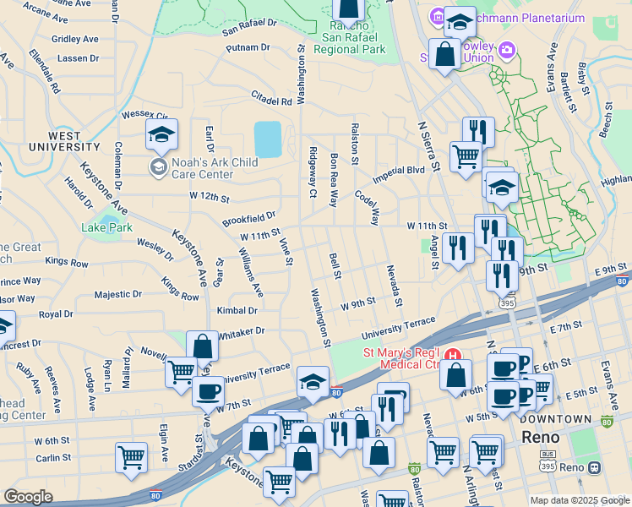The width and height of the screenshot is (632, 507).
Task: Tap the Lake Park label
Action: (106, 227)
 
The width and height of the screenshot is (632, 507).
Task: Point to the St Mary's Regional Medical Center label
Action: (402, 358)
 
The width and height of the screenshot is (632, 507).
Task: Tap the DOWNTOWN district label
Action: (556, 418)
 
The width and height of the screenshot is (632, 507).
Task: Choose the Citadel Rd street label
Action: (271, 100)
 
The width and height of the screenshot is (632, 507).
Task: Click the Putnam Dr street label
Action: (248, 48)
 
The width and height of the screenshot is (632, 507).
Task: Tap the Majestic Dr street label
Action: (117, 295)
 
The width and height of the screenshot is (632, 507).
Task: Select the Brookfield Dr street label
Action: (249, 219)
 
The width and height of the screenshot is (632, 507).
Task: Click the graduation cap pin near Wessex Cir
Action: (161, 134)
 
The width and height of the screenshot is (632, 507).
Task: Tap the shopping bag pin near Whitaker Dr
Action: (202, 346)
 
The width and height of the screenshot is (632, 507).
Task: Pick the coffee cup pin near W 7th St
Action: (208, 392)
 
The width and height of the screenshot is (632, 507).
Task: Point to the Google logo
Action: (28, 497)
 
